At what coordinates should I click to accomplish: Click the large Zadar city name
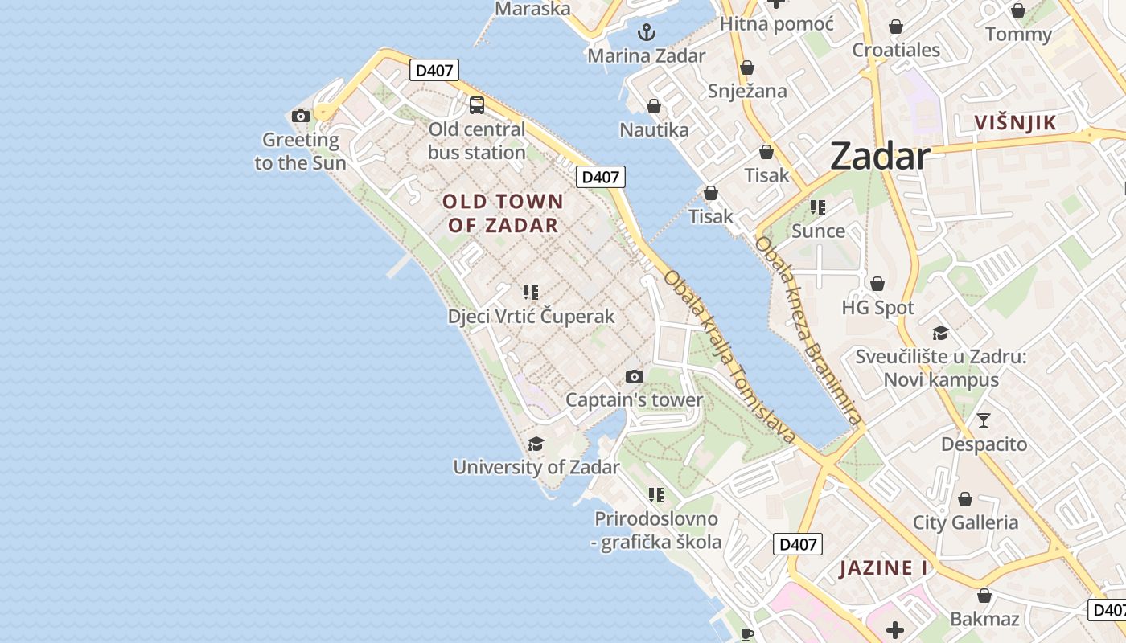click(880, 156)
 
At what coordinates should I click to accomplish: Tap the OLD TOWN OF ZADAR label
click(503, 213)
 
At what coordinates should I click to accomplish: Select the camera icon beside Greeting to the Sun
click(301, 116)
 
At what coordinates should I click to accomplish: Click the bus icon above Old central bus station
click(477, 104)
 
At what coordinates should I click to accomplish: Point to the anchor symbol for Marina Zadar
click(647, 32)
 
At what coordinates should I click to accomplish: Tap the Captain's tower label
click(634, 400)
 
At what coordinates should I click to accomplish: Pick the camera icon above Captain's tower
click(635, 376)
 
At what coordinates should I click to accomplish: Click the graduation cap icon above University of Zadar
click(536, 444)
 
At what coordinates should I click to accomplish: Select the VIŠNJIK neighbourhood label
click(1014, 123)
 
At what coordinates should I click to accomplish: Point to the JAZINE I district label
click(883, 568)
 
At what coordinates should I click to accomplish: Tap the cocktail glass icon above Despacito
click(983, 420)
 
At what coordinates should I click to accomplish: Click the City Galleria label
click(965, 522)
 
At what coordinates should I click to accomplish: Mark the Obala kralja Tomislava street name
click(729, 357)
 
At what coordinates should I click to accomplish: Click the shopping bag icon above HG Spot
click(877, 284)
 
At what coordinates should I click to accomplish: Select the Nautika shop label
click(654, 129)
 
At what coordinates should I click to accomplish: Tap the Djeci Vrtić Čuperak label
click(531, 316)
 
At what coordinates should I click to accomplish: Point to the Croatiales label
click(896, 50)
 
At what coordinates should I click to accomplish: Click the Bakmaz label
click(984, 619)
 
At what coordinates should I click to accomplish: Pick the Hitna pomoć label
click(776, 24)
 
